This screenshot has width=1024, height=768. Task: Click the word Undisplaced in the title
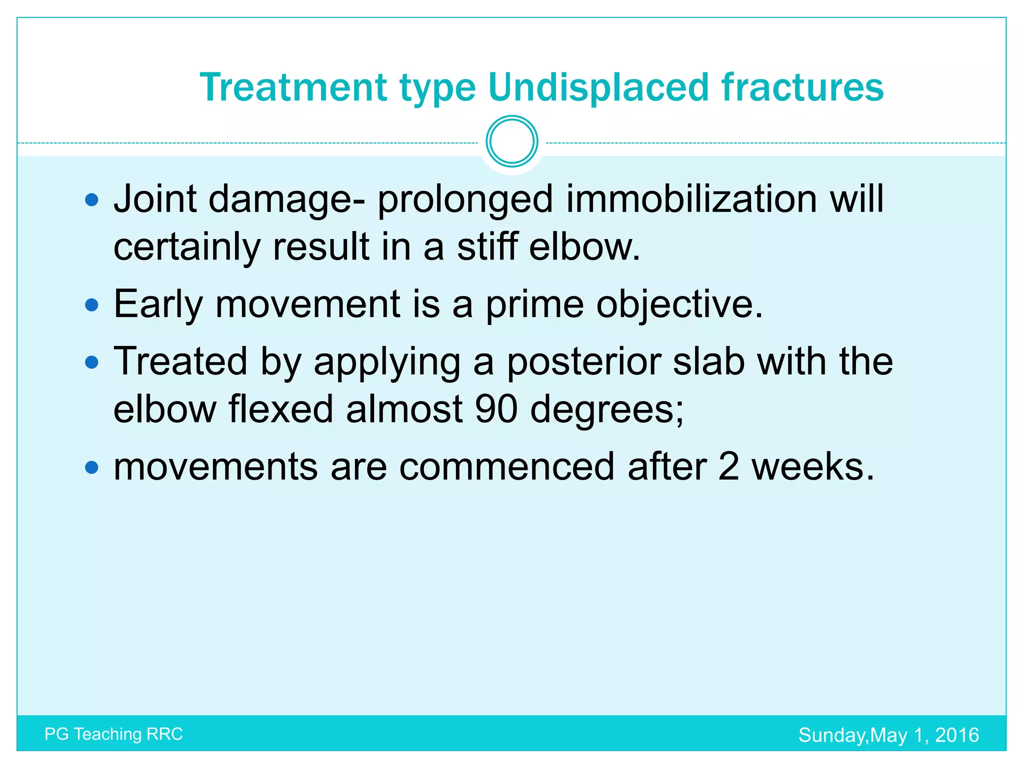[x=598, y=87]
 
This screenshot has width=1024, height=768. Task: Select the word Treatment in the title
[x=293, y=87]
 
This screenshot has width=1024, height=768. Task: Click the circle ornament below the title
[x=511, y=141]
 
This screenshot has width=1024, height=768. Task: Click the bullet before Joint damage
[x=92, y=200]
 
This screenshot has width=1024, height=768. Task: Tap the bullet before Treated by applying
[x=92, y=362]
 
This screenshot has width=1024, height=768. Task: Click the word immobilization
[x=691, y=199]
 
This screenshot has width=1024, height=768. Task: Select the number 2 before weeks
[x=728, y=466]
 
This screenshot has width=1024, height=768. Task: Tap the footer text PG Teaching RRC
[x=113, y=734]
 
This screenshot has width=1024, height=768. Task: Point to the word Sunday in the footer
[x=833, y=735]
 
